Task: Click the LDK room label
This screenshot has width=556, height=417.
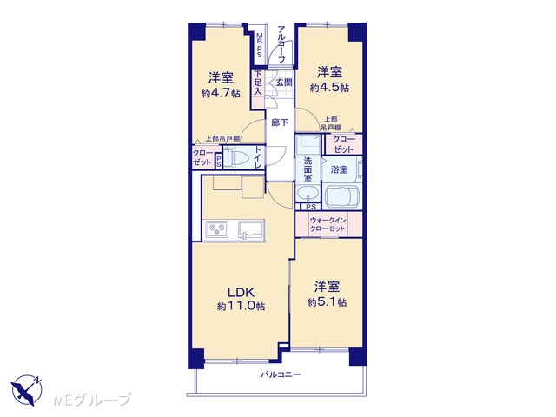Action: [x=241, y=293]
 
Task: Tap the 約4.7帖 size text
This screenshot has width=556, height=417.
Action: [x=221, y=93]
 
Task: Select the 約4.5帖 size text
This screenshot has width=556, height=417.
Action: [x=329, y=88]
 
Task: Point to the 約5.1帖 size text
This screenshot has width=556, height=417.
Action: [x=327, y=302]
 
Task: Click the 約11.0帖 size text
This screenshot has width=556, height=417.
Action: [x=242, y=306]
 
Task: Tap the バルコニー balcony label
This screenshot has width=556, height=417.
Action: [x=281, y=374]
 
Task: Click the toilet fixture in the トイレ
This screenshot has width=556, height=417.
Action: [x=238, y=158]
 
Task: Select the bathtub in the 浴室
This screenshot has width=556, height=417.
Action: [x=342, y=197]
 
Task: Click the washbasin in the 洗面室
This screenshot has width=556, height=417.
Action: [x=308, y=194]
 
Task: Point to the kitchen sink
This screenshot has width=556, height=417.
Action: [x=251, y=229]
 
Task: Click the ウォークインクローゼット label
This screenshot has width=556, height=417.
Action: [x=328, y=224]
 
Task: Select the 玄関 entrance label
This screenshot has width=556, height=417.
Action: [x=284, y=83]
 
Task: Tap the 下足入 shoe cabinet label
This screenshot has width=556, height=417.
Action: [x=258, y=83]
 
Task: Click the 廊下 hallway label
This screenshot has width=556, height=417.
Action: [x=280, y=122]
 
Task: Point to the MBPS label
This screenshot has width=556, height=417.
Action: [x=260, y=45]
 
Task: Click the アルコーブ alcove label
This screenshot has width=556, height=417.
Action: [x=281, y=44]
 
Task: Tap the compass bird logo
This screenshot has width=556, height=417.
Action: [x=27, y=390]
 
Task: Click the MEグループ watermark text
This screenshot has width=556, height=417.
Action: [x=92, y=400]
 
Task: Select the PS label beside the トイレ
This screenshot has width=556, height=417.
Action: [x=219, y=162]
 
